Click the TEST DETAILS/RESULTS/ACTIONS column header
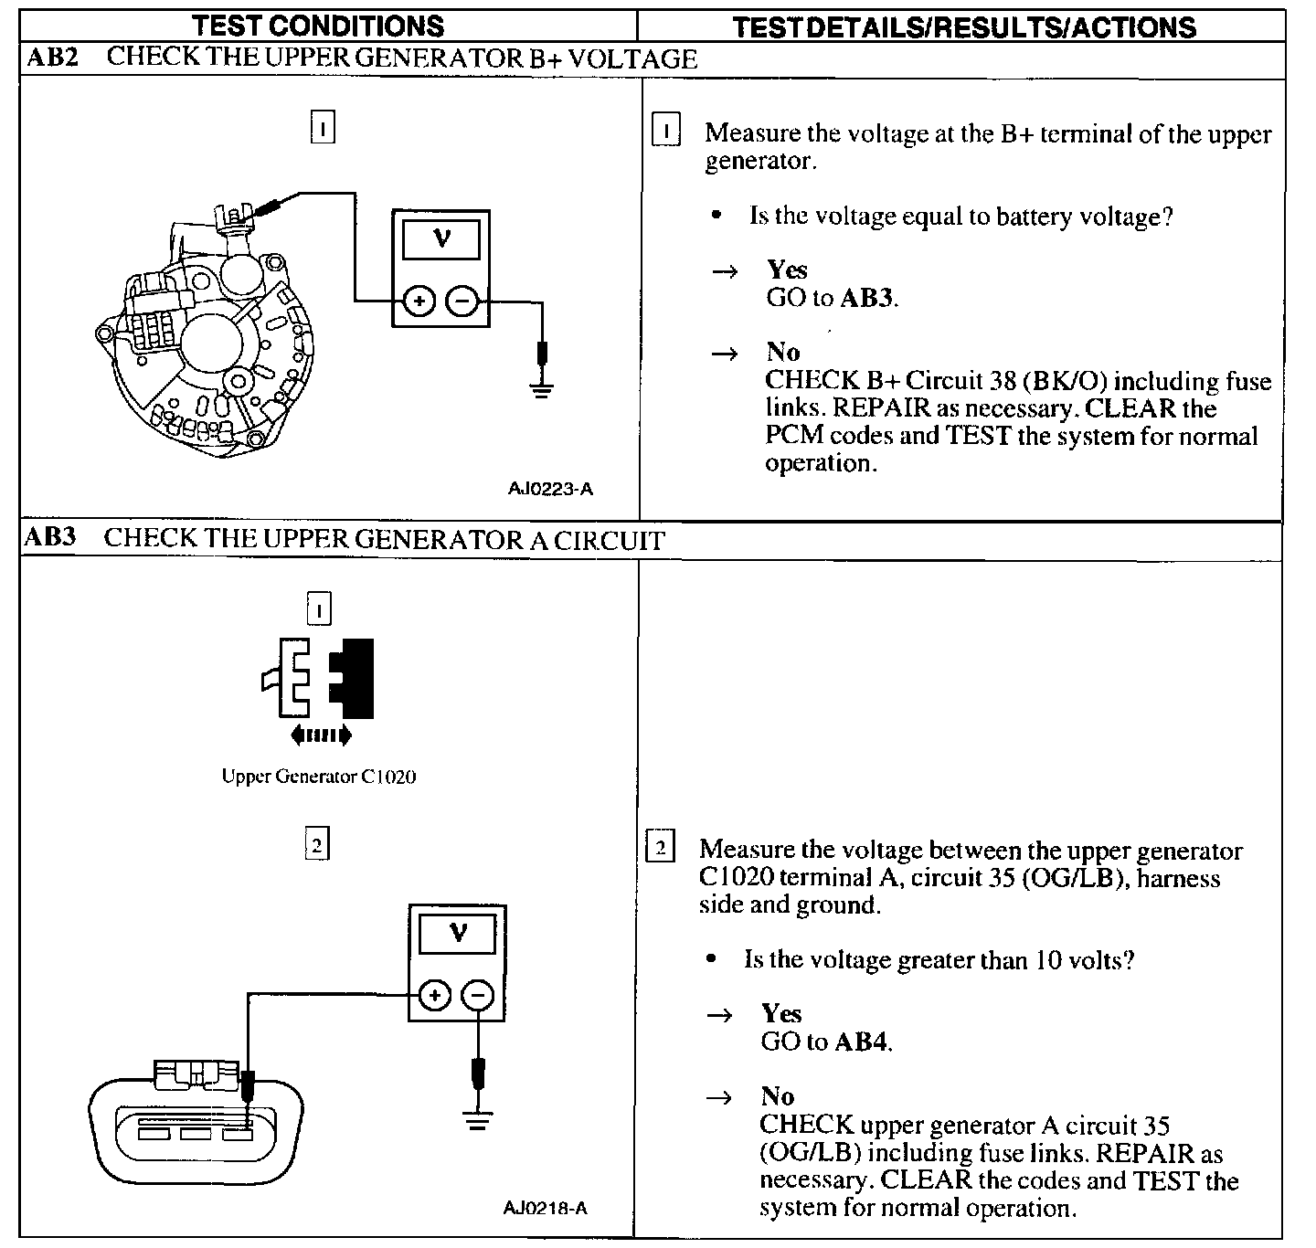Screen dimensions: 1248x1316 click(964, 27)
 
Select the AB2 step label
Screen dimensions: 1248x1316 click(53, 58)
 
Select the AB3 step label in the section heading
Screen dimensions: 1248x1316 click(50, 537)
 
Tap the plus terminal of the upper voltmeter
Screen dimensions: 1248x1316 click(419, 301)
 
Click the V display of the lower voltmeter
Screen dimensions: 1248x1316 click(457, 934)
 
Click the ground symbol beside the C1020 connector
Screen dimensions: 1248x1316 click(476, 1120)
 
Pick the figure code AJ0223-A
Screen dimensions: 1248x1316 click(550, 489)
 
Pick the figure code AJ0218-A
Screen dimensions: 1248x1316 click(546, 1209)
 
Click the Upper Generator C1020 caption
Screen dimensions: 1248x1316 click(318, 777)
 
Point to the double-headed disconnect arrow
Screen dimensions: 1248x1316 click(320, 734)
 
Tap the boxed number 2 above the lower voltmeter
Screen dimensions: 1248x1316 click(316, 845)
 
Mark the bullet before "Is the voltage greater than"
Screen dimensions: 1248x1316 click(711, 959)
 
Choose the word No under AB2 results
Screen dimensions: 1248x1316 click(783, 353)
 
